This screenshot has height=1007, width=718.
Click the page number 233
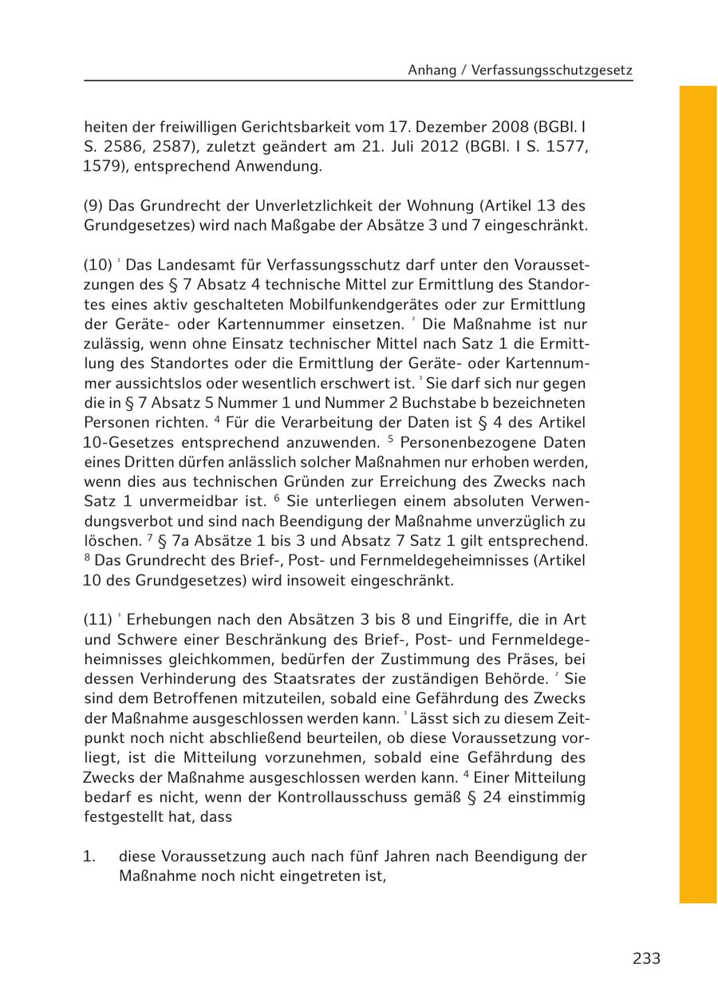pyautogui.click(x=646, y=958)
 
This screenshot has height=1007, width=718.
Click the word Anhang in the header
pyautogui.click(x=432, y=70)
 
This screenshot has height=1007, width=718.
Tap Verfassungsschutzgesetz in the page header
pyautogui.click(x=552, y=70)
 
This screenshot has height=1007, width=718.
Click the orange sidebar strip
pyautogui.click(x=698, y=495)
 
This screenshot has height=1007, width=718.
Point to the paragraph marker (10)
pyautogui.click(x=98, y=264)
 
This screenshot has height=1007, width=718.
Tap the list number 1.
pyautogui.click(x=89, y=856)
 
